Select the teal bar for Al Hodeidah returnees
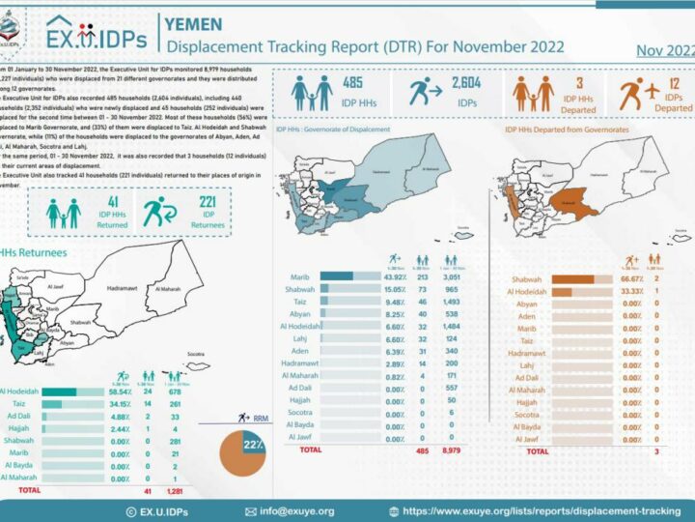click(60, 391)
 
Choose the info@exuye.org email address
click(294, 510)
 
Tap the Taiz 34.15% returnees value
click(119, 404)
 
